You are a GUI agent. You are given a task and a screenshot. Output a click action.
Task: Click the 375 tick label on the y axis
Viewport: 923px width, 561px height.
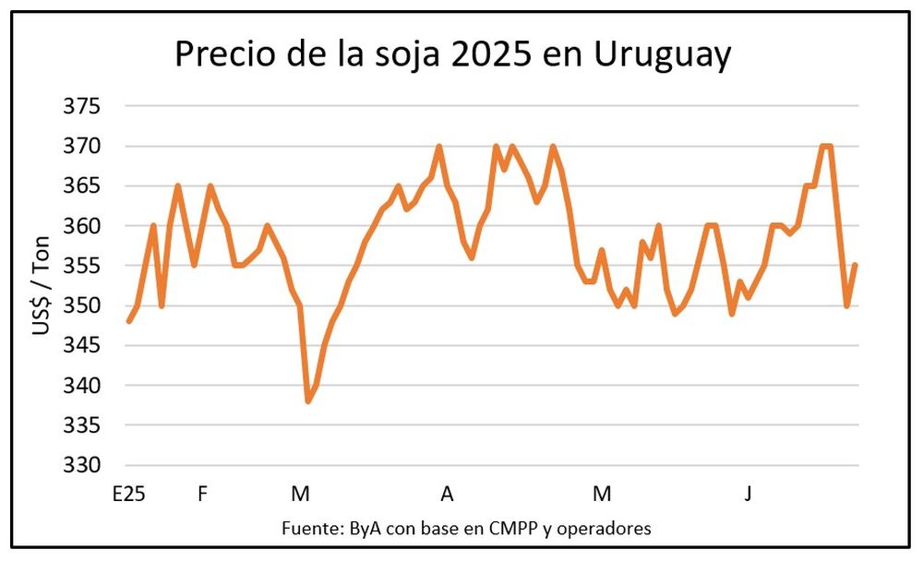click(x=80, y=106)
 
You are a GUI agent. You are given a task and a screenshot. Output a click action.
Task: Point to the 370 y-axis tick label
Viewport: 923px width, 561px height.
click(x=80, y=146)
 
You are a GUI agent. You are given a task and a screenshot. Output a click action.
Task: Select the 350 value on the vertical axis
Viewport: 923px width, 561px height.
click(x=80, y=305)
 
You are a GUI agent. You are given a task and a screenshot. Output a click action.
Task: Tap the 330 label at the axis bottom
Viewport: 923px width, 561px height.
click(x=80, y=464)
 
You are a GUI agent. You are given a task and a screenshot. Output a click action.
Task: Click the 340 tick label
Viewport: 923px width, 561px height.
click(x=80, y=385)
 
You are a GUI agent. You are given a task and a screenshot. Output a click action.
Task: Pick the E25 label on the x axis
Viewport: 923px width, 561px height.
click(x=128, y=495)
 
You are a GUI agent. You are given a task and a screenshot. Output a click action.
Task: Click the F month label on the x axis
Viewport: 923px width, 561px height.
click(x=202, y=495)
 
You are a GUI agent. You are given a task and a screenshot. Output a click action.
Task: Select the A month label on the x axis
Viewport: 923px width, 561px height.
click(x=447, y=495)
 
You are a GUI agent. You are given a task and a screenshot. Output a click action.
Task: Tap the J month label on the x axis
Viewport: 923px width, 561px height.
click(x=749, y=495)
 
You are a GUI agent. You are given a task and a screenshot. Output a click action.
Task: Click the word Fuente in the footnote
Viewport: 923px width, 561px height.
click(x=313, y=529)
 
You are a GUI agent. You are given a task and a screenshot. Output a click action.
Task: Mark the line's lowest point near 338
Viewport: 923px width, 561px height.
click(x=308, y=401)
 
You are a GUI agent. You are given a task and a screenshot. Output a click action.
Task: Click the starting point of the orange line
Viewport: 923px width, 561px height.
click(x=128, y=321)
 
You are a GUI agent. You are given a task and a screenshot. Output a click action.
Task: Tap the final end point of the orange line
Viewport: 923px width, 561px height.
click(x=856, y=266)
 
